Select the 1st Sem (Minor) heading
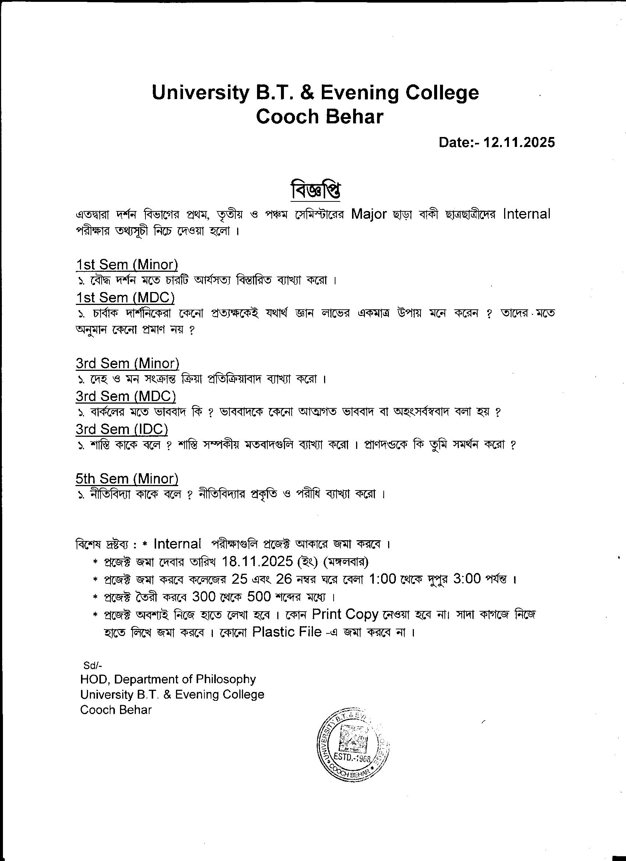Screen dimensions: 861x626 (127, 265)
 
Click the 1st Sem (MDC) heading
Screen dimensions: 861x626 (125, 297)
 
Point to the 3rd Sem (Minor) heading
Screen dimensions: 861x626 (127, 363)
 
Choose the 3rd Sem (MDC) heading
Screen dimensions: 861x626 (126, 396)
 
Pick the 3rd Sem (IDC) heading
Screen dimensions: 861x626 (122, 429)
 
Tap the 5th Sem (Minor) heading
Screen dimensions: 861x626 (127, 479)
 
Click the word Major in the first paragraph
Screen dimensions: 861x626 (369, 214)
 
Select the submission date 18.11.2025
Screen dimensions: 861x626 (257, 561)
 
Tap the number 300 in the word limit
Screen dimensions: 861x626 (204, 597)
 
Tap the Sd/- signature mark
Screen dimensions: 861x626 (93, 665)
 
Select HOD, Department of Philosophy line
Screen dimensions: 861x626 (168, 679)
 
